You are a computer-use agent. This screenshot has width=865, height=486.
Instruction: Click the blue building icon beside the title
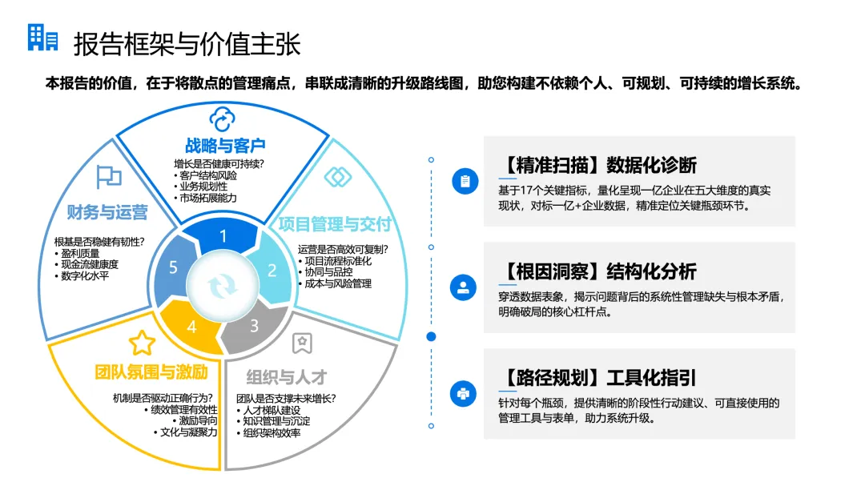tap(42, 38)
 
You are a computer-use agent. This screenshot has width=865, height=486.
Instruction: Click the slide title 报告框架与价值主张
tap(187, 43)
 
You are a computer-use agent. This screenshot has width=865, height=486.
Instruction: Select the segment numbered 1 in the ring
tap(223, 236)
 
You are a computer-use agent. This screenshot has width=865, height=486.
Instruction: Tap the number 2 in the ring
tap(272, 270)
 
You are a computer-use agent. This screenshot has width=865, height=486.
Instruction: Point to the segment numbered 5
tap(173, 268)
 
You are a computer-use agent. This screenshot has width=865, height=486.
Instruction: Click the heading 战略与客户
tap(225, 146)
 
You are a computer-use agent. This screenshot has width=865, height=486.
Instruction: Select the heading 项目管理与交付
tap(335, 223)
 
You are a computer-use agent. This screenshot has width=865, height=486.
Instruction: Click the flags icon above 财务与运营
tap(108, 177)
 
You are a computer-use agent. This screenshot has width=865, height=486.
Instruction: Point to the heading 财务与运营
tap(107, 212)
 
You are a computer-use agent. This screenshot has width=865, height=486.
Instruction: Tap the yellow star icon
tap(142, 343)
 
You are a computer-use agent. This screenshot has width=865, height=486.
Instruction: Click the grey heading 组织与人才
tap(287, 376)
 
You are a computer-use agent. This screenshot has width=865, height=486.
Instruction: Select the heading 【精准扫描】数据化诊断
tap(597, 165)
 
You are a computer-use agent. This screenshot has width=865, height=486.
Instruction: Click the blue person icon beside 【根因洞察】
tap(464, 287)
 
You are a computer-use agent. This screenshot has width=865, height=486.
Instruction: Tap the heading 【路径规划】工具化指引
tap(597, 377)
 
